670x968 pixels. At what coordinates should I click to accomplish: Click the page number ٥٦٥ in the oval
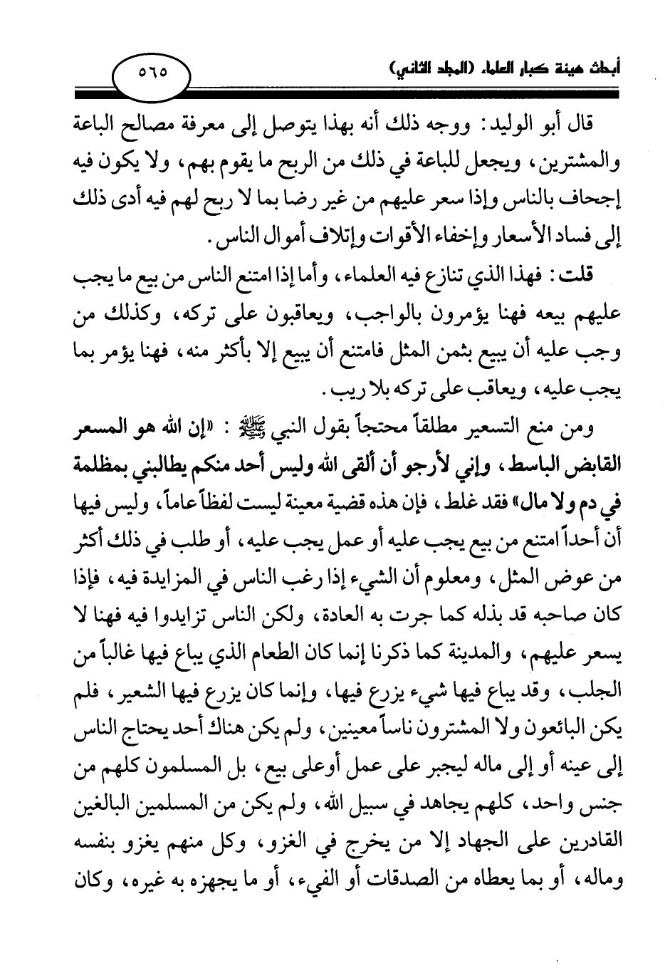151,72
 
